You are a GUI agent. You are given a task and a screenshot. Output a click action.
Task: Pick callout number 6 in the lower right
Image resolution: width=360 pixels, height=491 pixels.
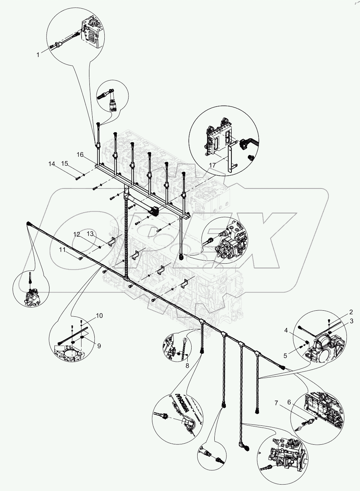pos(289,402)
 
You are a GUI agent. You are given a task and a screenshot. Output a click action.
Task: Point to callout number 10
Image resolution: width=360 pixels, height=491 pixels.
pos(99,316)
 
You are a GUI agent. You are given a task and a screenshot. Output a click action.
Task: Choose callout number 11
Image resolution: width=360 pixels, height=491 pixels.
pos(63,250)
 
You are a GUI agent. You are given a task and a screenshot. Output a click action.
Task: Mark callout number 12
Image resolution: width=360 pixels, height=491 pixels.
pos(77,234)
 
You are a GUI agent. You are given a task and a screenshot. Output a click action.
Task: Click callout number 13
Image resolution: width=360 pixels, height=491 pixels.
pos(90,234)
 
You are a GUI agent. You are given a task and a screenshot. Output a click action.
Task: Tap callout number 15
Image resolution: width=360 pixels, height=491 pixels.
pos(64,164)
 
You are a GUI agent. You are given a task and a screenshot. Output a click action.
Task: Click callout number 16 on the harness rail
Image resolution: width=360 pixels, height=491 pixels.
pos(80,155)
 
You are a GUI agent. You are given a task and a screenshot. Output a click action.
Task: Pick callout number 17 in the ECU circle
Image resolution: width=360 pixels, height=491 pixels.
pos(213,165)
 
